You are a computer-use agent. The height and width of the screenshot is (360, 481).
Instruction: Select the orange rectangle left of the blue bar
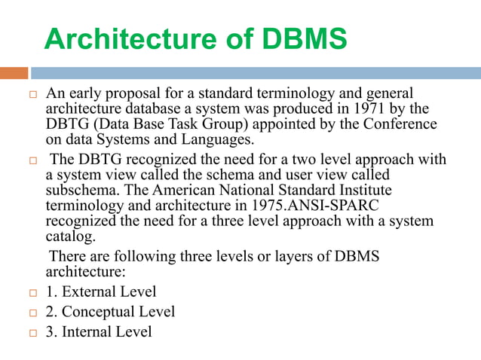(14, 73)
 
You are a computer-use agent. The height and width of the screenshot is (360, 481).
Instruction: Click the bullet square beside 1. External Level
(31, 292)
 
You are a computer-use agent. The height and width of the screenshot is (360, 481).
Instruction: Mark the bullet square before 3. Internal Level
(31, 331)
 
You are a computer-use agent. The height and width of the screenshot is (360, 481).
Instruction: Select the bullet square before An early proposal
(31, 95)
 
